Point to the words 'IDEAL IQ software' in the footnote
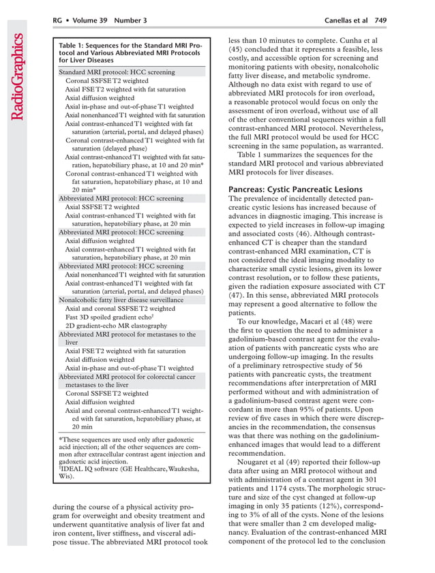92,469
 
